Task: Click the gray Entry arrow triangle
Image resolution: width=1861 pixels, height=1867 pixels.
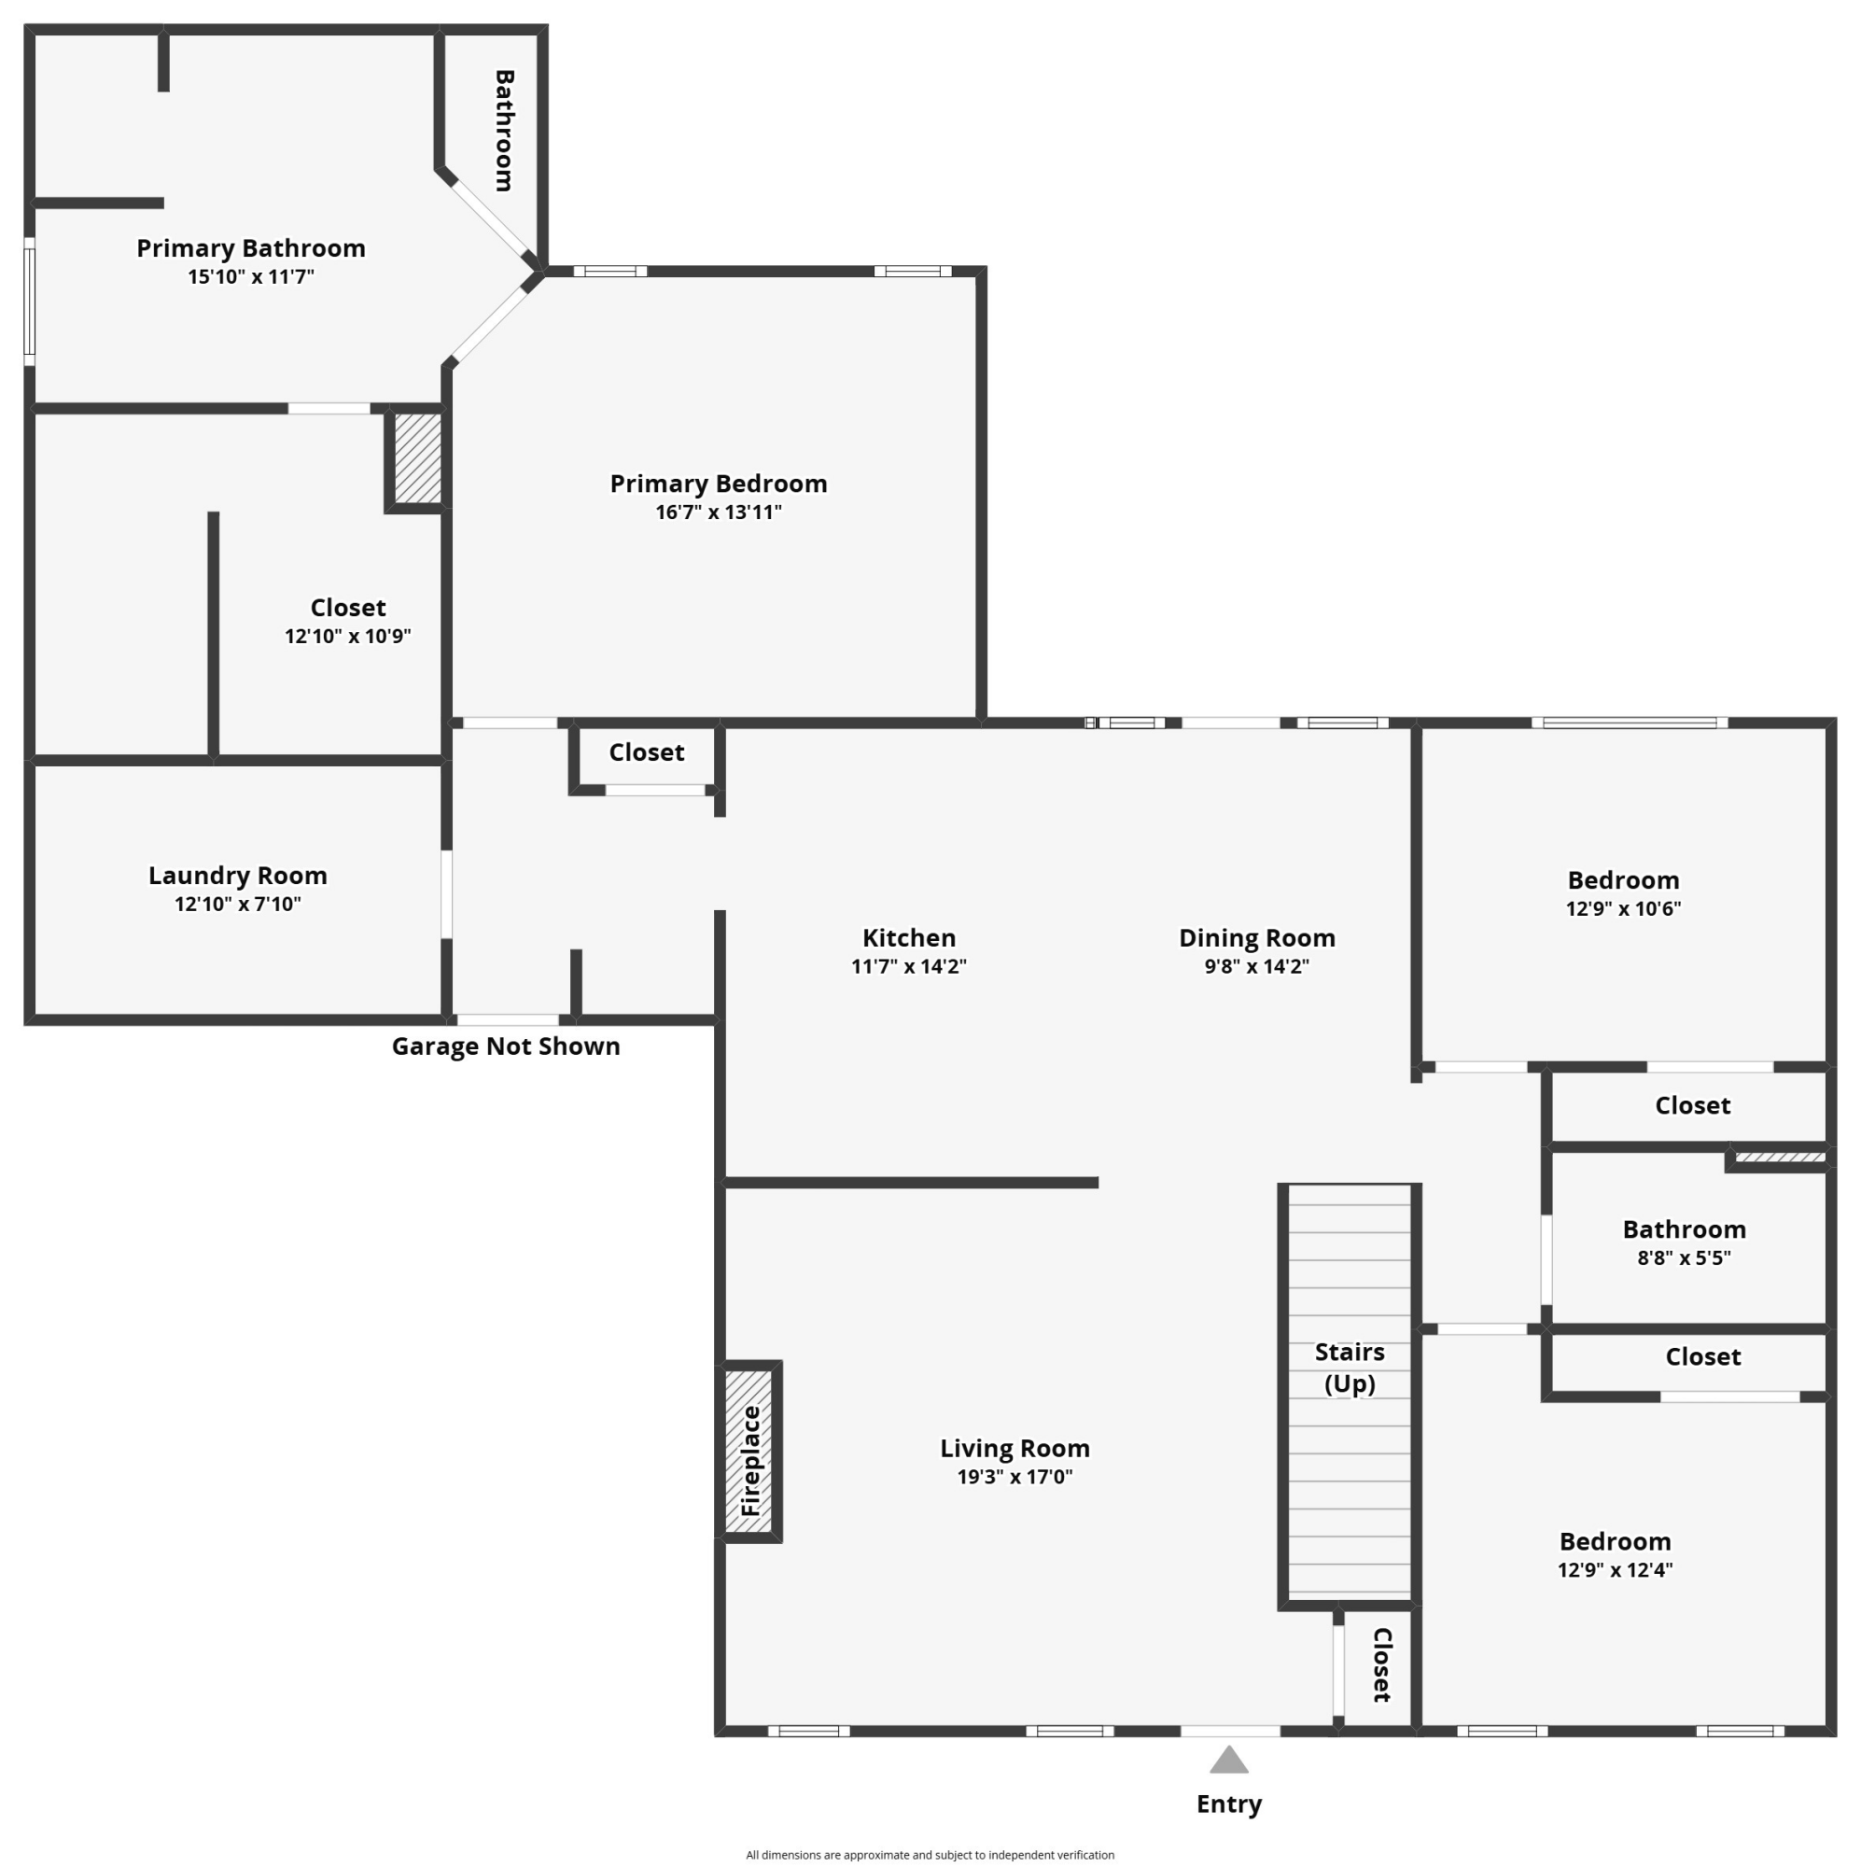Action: [x=1228, y=1760]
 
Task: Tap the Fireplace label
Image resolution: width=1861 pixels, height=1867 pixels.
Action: [x=750, y=1460]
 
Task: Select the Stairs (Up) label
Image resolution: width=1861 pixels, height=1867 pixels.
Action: [x=1349, y=1368]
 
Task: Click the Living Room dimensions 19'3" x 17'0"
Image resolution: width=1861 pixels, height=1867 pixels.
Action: [x=1014, y=1477]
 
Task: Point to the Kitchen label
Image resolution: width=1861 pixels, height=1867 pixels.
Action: [x=908, y=937]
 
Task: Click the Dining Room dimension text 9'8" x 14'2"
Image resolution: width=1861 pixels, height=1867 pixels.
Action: [x=1256, y=966]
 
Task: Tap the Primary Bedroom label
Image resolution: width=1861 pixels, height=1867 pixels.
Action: [x=718, y=484]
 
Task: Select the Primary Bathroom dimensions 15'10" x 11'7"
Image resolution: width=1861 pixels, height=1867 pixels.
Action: [x=250, y=276]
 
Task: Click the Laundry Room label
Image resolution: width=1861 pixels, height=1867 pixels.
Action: [x=238, y=876]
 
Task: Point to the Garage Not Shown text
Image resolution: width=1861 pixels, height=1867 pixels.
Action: [x=505, y=1046]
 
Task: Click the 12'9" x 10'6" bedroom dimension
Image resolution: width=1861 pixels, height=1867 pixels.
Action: [x=1623, y=908]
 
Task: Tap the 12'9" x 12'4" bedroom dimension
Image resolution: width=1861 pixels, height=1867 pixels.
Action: [x=1615, y=1569]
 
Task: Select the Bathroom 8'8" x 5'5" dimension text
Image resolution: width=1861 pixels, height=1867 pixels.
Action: [x=1684, y=1257]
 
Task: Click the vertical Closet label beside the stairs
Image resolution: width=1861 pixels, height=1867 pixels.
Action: [x=1381, y=1664]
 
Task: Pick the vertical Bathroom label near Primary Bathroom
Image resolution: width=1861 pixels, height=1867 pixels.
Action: [x=503, y=131]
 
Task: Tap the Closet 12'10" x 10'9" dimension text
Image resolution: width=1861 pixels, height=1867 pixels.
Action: [x=348, y=636]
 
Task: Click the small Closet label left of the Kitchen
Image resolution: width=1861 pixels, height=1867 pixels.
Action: [x=647, y=751]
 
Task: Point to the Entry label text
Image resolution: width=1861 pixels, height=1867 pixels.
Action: [x=1228, y=1804]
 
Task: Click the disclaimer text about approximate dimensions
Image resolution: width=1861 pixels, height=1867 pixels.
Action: [x=930, y=1855]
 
